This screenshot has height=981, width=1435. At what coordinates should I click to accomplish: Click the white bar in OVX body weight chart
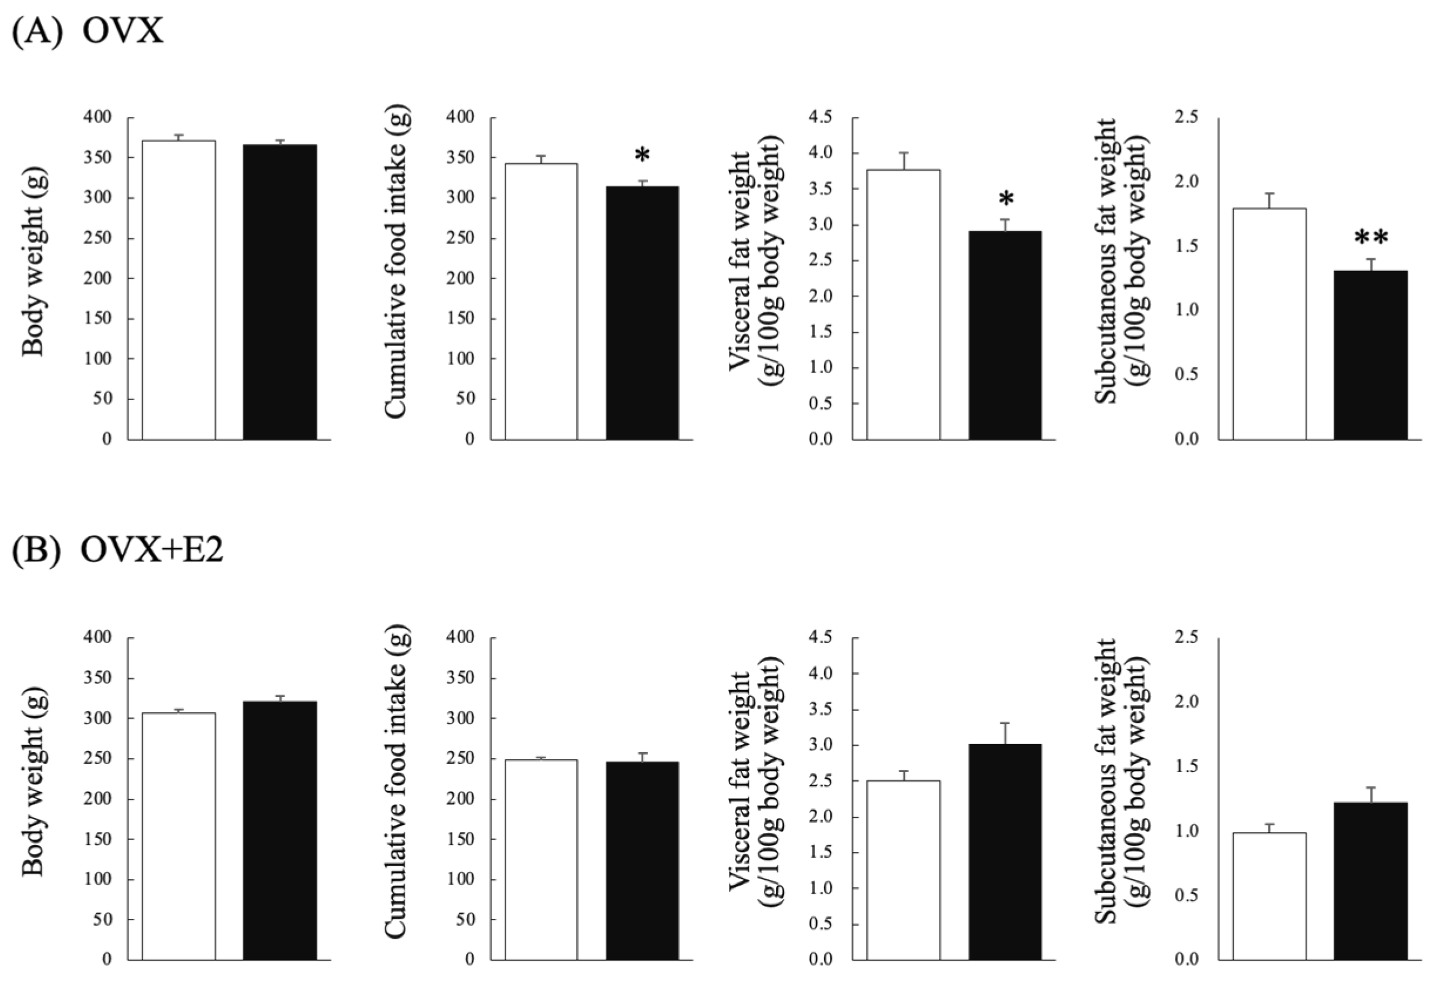click(x=179, y=290)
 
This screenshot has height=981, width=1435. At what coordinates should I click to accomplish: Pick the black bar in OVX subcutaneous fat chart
click(x=1371, y=355)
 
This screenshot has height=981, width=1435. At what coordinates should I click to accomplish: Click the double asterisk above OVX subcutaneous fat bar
click(x=1372, y=238)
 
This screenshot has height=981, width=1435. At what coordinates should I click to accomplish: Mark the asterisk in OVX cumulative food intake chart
click(x=642, y=155)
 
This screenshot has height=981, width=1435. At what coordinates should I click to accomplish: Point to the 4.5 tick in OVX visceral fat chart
click(x=819, y=117)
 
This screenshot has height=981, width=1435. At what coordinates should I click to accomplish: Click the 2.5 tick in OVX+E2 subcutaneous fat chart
click(x=1185, y=637)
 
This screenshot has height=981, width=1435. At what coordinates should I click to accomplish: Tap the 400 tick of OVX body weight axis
click(x=97, y=117)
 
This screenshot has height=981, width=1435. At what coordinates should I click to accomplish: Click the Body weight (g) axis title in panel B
click(x=33, y=781)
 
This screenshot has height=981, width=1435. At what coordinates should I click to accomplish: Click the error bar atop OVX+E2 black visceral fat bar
click(x=1006, y=733)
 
